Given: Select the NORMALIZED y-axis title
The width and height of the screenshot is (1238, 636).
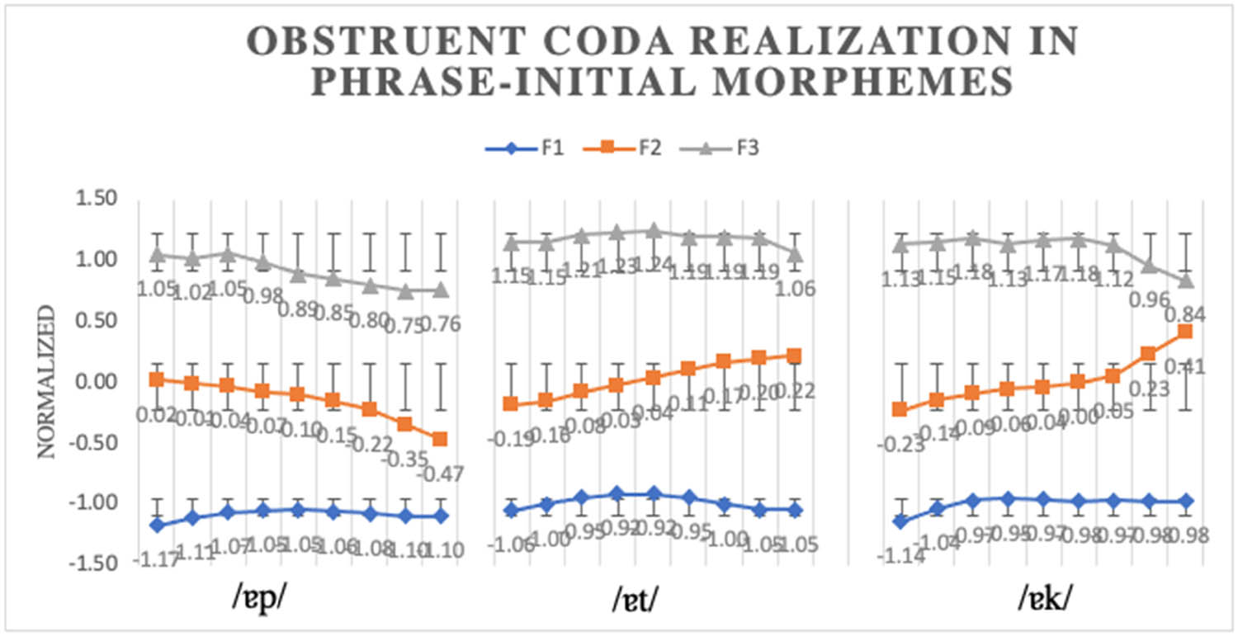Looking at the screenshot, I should (47, 381).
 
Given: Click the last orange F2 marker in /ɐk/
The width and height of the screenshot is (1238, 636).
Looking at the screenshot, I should (1184, 332).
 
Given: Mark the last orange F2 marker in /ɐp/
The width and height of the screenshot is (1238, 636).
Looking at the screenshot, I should (440, 439).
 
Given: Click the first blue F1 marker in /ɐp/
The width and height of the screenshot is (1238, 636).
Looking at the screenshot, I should (156, 525).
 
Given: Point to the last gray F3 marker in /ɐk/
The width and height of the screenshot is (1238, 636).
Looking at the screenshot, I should (1184, 280).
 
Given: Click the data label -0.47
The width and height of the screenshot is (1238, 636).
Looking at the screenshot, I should (441, 474).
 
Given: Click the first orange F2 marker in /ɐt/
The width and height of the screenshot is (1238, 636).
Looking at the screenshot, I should (511, 404).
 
